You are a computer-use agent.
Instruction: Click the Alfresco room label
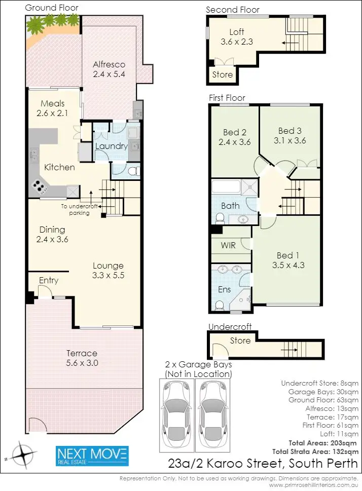pos(108,64)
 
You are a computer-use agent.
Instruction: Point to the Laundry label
pos(111,146)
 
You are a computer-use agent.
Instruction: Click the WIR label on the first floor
pos(228,245)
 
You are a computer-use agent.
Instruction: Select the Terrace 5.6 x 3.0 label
pos(82,358)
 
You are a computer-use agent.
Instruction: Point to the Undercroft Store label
pos(240,341)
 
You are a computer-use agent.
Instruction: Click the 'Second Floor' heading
pos(232,10)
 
